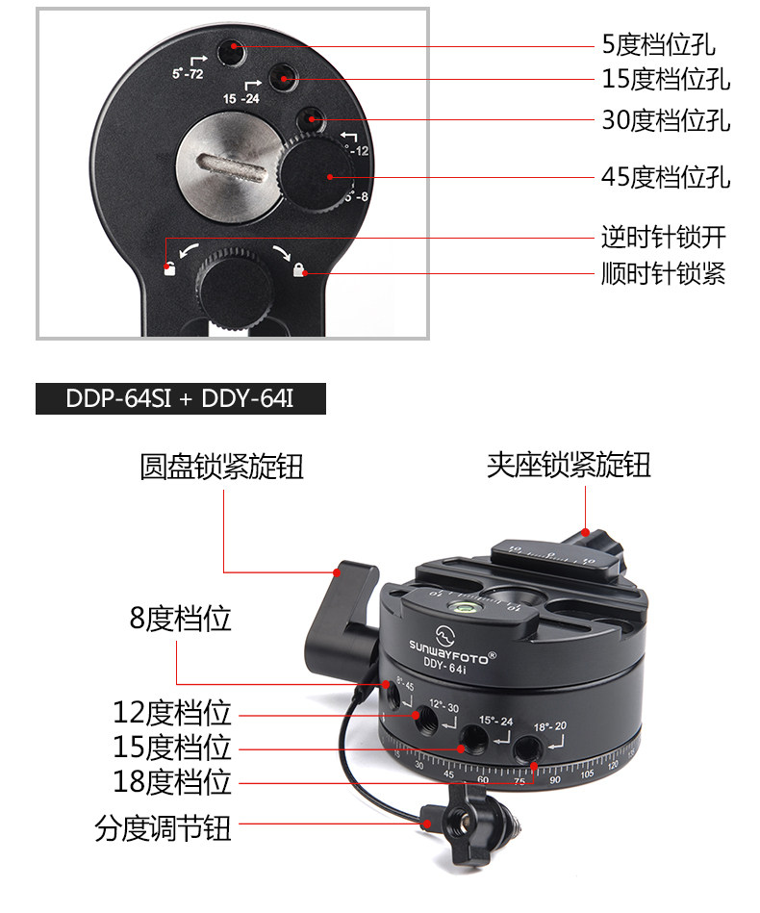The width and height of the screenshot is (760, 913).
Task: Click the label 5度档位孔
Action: [x=658, y=44]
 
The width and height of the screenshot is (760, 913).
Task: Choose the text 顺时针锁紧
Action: [x=663, y=274]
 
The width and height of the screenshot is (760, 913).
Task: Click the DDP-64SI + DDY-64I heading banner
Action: [x=181, y=398]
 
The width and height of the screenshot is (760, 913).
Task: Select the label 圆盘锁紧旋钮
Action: [x=222, y=467]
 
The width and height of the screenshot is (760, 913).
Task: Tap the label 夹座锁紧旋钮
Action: [x=569, y=466]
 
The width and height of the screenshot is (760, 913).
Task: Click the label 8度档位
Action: [x=181, y=619]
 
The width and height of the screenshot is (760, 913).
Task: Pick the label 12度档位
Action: [x=173, y=713]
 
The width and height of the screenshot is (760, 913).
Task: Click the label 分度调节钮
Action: [x=164, y=826]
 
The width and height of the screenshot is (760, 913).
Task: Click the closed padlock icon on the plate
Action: [x=299, y=270]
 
